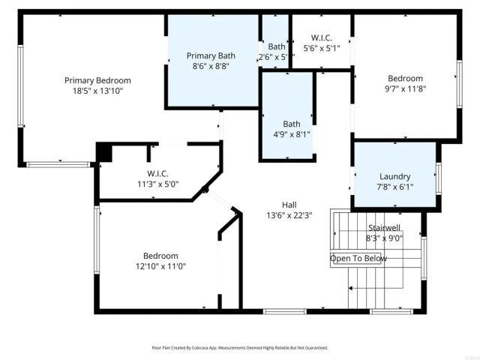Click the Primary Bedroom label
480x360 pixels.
tap(97, 80)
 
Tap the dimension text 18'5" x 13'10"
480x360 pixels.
tap(97, 91)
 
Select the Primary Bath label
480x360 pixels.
tap(211, 55)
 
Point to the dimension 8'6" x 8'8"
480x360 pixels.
tap(211, 66)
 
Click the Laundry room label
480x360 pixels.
tap(395, 175)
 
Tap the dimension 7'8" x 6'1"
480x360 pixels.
tap(395, 186)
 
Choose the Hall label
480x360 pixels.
tap(289, 204)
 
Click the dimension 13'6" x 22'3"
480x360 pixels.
tap(289, 214)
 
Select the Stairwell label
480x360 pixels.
tap(384, 228)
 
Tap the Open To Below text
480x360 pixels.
tap(358, 259)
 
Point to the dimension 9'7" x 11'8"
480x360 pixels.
tap(405, 88)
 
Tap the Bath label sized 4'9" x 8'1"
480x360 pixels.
tap(292, 124)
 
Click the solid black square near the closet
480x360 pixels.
tap(103, 152)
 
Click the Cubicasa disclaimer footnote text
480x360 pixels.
tap(240, 348)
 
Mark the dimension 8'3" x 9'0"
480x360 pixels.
tap(384, 238)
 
